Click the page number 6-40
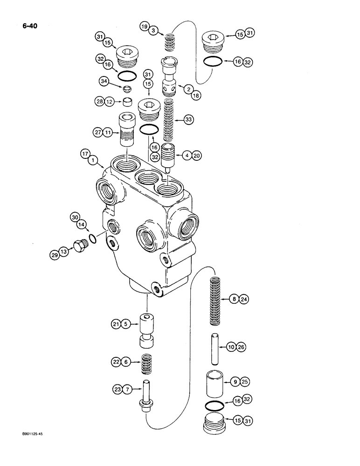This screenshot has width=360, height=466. click(28, 26)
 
